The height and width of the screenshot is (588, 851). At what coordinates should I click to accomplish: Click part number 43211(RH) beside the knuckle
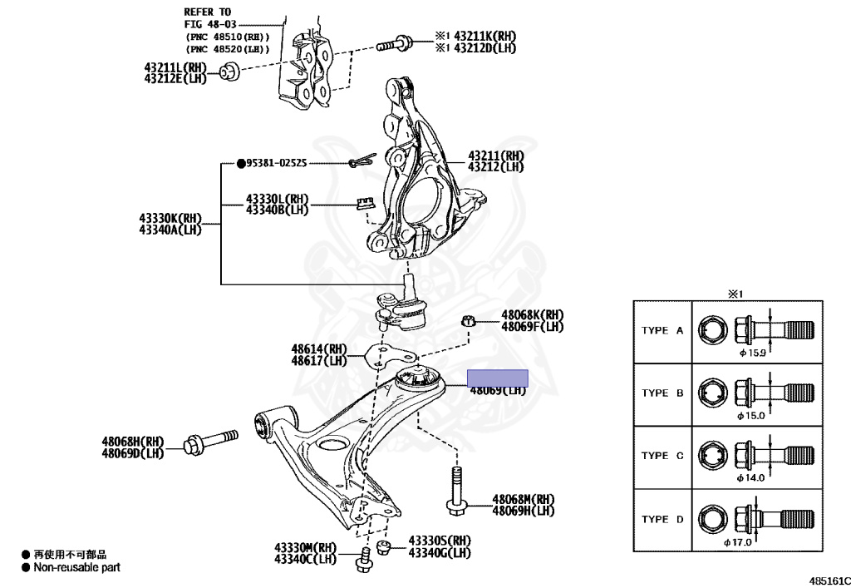(x=496, y=156)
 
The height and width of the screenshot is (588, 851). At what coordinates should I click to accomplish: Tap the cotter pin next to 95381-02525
(x=360, y=163)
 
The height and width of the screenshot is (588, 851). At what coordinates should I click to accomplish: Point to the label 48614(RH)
(x=318, y=349)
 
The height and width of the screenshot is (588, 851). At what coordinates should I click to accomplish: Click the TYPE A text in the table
(x=662, y=330)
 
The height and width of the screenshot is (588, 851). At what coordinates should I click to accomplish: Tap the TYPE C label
(x=662, y=456)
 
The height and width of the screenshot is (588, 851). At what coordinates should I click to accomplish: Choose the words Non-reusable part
(x=76, y=568)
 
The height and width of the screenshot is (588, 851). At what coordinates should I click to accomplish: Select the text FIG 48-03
(x=211, y=25)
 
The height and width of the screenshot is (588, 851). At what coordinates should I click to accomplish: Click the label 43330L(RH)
(x=277, y=200)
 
